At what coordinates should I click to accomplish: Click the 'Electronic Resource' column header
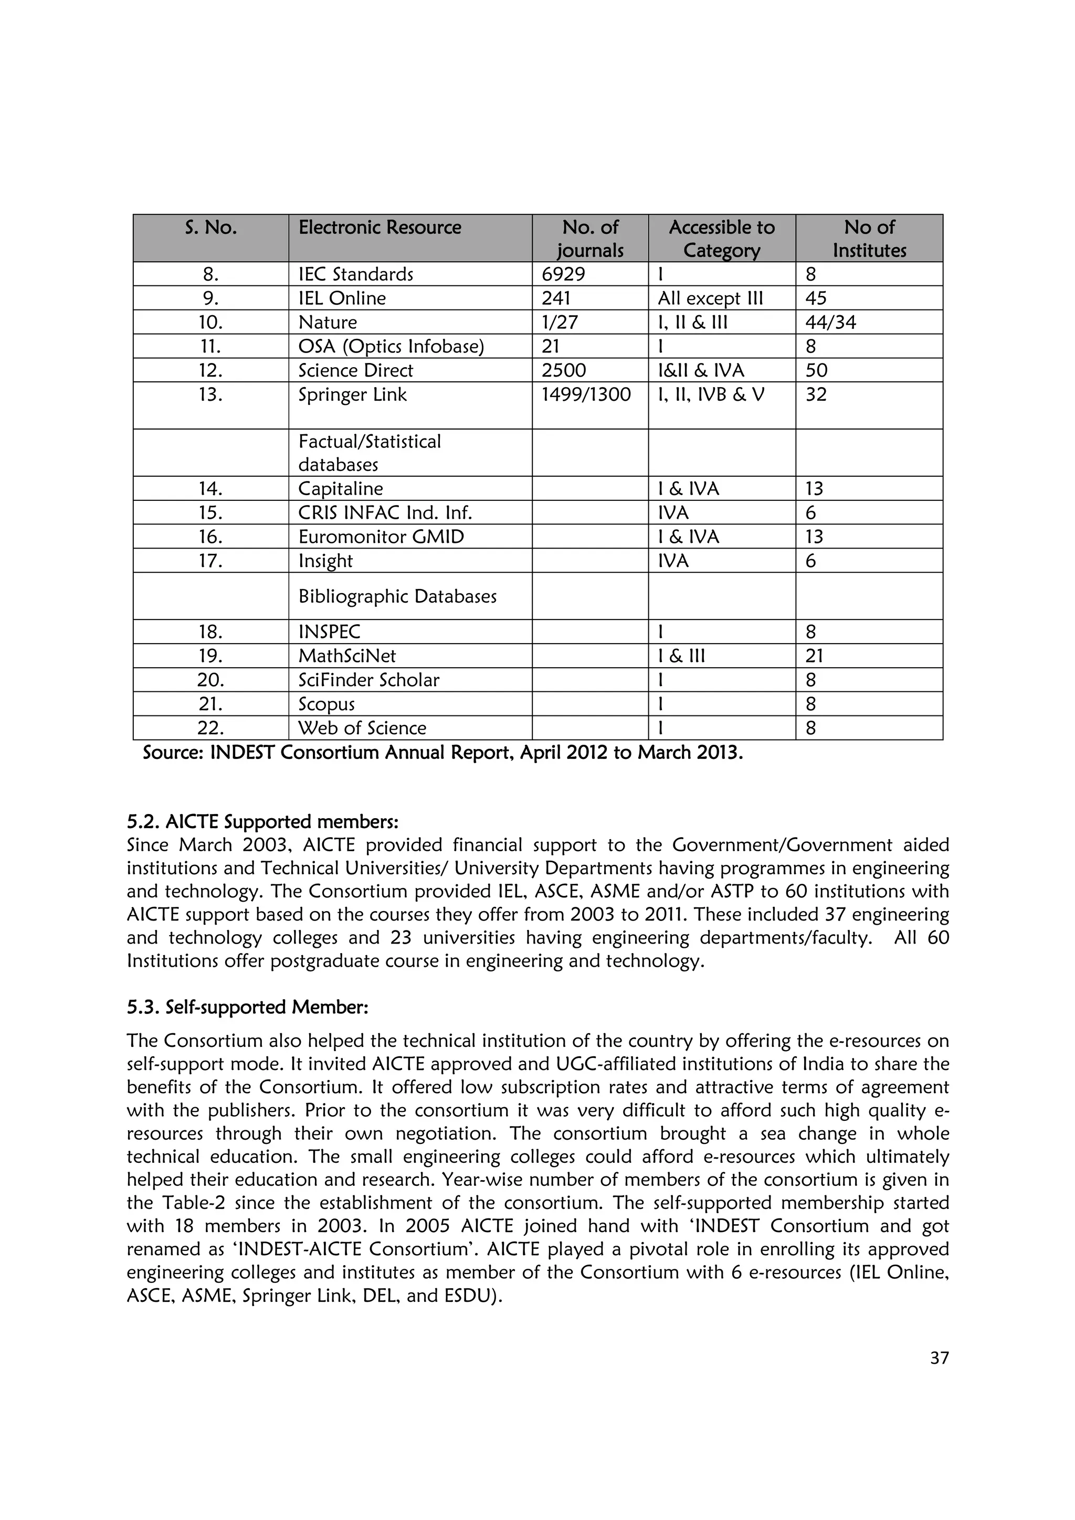tap(380, 228)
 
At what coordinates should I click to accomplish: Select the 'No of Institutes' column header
tap(869, 238)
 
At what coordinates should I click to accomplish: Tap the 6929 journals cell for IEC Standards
tap(563, 274)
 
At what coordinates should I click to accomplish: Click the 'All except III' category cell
tap(710, 298)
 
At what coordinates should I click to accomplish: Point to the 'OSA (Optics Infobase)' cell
tap(391, 346)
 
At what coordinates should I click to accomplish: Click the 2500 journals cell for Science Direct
tap(564, 370)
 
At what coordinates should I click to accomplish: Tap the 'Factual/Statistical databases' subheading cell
tap(370, 453)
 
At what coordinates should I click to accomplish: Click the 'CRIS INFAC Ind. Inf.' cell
tap(385, 513)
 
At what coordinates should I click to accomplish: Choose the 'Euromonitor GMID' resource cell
tap(381, 537)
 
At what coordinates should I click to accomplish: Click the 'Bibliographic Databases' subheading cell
tap(397, 596)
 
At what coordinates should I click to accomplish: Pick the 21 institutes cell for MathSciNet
tap(814, 656)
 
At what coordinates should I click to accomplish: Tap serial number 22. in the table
tap(210, 728)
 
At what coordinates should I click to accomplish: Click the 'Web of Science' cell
tap(362, 728)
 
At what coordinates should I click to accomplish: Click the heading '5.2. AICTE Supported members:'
tap(262, 822)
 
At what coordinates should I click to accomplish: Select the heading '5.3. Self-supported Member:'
tap(247, 1007)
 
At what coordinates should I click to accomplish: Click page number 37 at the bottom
tap(939, 1358)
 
